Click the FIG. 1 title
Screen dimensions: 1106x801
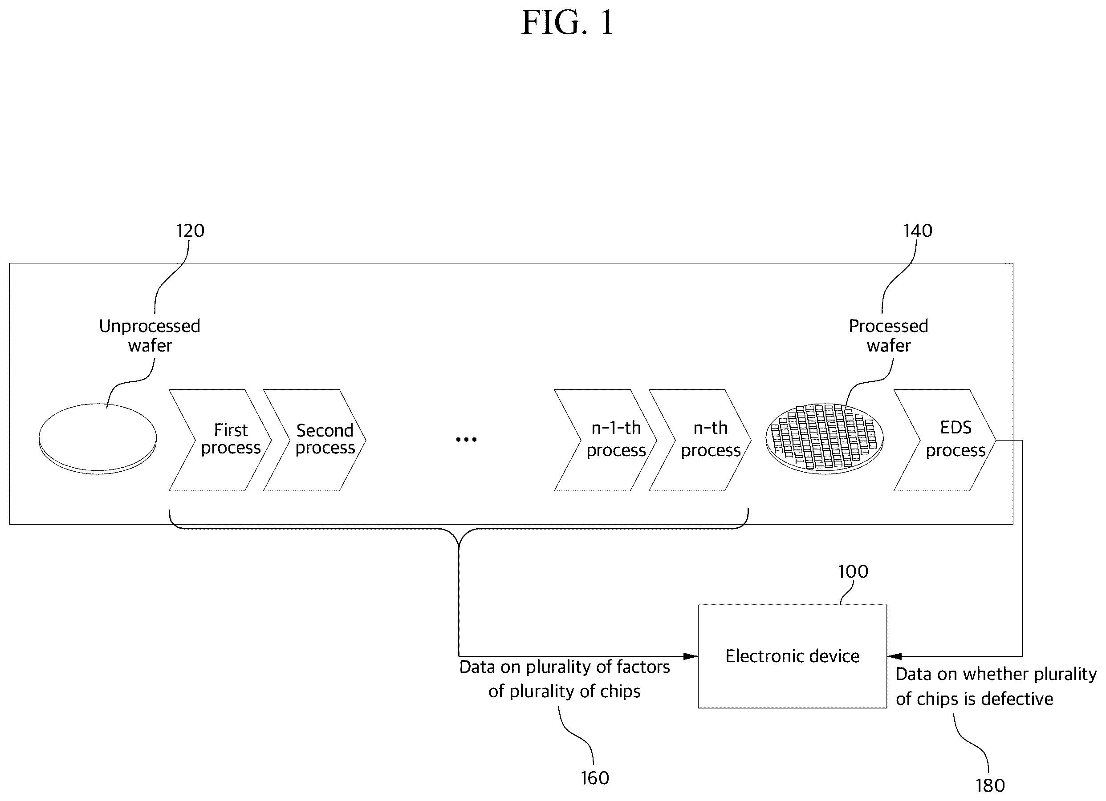point(567,22)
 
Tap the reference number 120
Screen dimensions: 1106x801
point(190,231)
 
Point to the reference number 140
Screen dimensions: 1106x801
point(918,231)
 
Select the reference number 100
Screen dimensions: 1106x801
point(853,571)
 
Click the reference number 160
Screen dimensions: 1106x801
point(594,778)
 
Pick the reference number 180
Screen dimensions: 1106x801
point(990,786)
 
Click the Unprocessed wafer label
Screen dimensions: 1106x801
point(150,336)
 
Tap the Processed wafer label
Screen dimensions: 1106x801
point(889,336)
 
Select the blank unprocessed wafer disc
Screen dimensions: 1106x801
point(98,439)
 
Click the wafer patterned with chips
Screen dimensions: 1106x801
point(824,439)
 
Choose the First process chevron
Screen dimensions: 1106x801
point(220,440)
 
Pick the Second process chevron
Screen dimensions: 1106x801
point(314,440)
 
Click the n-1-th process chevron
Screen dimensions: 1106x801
point(605,440)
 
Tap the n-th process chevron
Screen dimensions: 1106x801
point(700,440)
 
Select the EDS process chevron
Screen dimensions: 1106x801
point(944,440)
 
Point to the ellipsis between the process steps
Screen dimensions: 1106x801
point(466,440)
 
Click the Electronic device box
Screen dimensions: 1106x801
point(793,656)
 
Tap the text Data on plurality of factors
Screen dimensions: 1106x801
point(565,667)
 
